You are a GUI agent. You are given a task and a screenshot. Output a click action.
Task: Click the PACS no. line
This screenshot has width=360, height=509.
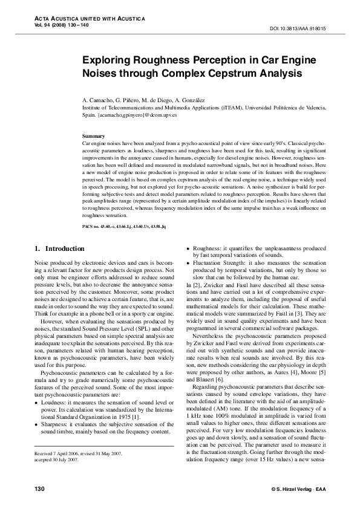point(128,225)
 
